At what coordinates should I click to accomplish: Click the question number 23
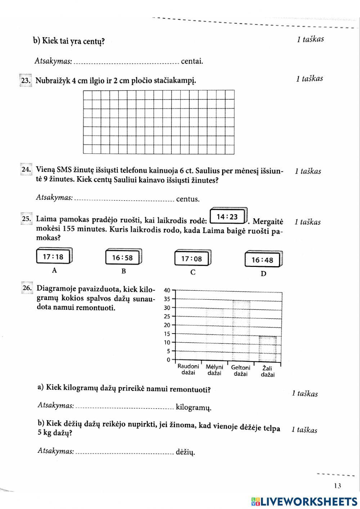pos(26,81)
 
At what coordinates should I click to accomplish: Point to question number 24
pos(26,170)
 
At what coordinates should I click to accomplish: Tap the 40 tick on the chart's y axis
pos(167,290)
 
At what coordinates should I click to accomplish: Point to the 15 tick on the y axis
pos(167,334)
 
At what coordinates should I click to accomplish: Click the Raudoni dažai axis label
pos(188,369)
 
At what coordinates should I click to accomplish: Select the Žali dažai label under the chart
pos(267,371)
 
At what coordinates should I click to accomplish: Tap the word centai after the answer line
pos(192,61)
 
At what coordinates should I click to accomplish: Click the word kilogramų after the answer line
pos(193,408)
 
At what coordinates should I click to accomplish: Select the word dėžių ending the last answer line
pos(185,452)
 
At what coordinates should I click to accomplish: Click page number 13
pos(337,486)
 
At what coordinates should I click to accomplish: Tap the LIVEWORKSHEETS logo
pos(304,501)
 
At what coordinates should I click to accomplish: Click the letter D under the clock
pos(264,274)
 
